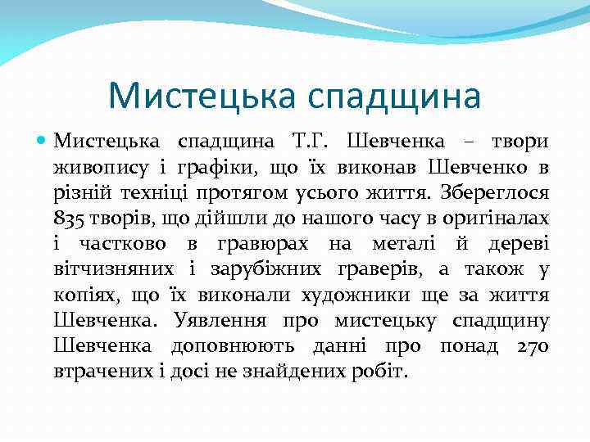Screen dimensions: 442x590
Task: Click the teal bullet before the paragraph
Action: (x=44, y=141)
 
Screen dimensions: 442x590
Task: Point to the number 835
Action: (x=67, y=219)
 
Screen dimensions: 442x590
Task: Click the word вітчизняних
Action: (x=113, y=269)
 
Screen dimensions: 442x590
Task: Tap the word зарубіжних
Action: (x=257, y=269)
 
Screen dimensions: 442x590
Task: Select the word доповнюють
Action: (x=240, y=346)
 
